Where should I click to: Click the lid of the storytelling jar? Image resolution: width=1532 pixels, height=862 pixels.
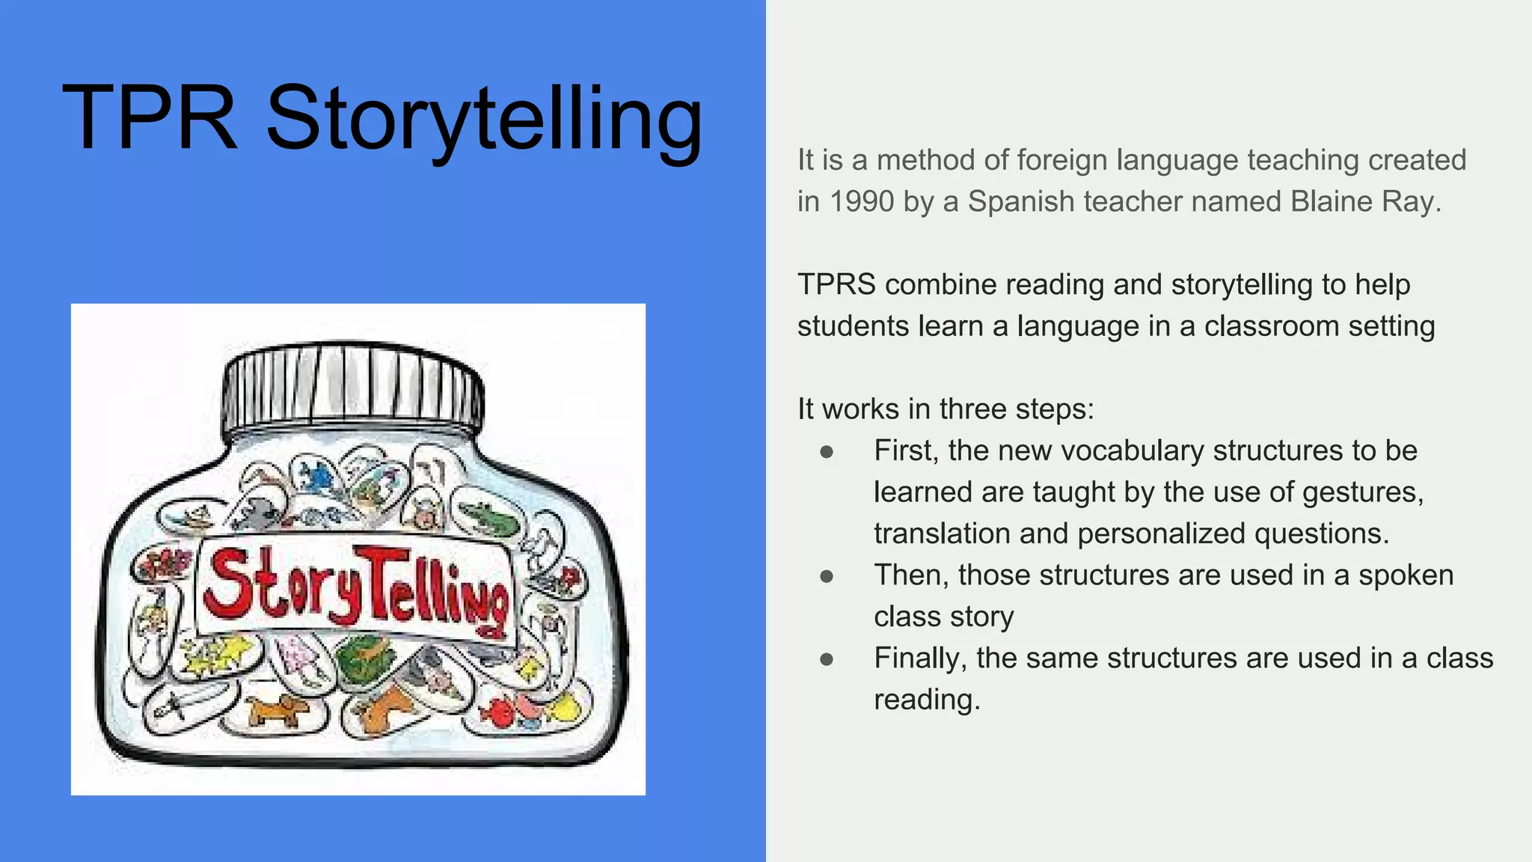pos(352,389)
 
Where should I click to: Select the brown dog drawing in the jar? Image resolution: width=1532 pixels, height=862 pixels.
pos(278,710)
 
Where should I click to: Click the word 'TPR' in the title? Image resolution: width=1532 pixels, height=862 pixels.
pos(150,118)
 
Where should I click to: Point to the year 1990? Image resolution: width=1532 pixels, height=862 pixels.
pos(862,201)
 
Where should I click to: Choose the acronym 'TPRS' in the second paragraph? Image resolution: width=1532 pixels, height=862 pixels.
pos(836,284)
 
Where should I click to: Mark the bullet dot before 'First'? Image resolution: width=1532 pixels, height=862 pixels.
pos(827,451)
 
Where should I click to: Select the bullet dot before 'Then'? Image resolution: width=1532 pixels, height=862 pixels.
pos(827,576)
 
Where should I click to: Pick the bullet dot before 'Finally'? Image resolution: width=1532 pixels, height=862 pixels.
pos(827,659)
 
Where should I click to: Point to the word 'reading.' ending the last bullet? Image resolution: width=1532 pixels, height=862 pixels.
pos(927,700)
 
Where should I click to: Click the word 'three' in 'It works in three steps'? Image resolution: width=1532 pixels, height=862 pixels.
pos(973,409)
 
